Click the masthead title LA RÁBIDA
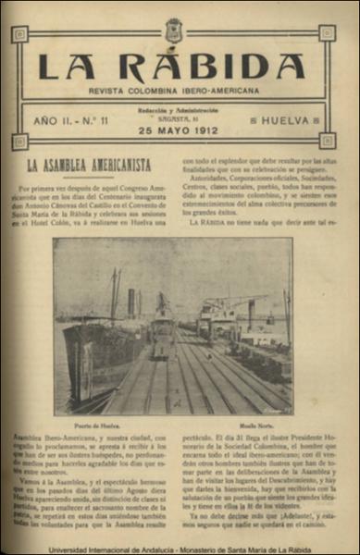coord(171,67)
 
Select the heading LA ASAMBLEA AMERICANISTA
coord(88,166)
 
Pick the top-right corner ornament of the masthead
coord(326,33)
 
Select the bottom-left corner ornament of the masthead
coord(19,142)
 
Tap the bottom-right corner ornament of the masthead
coord(326,141)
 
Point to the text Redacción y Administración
coord(170,111)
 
